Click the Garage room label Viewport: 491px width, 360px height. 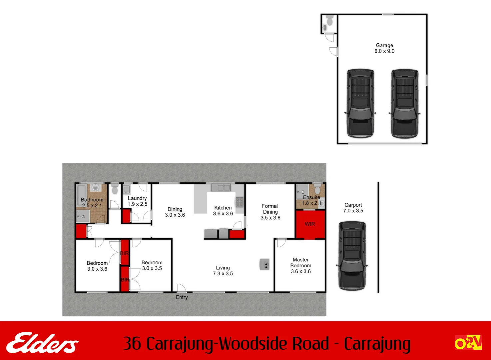[384, 45]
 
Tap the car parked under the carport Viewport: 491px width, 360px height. [352, 256]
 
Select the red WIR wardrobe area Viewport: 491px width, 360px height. [310, 224]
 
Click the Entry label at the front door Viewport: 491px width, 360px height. [182, 297]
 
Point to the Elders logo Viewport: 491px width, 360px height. [42, 343]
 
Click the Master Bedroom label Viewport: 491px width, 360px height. [301, 263]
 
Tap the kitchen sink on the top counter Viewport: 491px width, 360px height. [221, 188]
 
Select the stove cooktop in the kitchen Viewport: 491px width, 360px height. [240, 202]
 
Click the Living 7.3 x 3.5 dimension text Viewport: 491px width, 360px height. [223, 274]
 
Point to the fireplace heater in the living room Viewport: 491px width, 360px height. [265, 264]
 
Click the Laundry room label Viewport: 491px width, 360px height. [137, 198]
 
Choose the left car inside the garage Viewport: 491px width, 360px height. [360, 103]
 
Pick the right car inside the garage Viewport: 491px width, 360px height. [404, 103]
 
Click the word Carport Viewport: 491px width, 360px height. [353, 205]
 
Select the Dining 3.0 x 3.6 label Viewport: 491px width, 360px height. [175, 212]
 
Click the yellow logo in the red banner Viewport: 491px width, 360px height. [468, 343]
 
